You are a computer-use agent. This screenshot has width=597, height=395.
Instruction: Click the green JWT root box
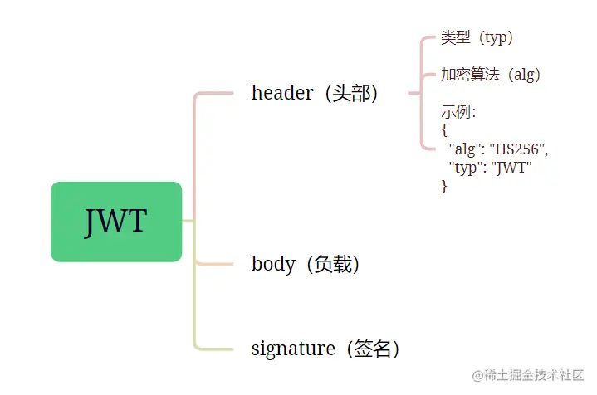pos(116,222)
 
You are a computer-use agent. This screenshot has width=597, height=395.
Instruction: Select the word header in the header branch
pos(281,93)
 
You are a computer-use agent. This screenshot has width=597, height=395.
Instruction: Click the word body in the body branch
pos(273,264)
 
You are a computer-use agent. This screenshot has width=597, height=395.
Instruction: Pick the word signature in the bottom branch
pos(292,349)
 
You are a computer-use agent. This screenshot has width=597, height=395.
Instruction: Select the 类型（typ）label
pos(477,38)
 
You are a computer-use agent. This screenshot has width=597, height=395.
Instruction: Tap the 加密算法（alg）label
pos(491,75)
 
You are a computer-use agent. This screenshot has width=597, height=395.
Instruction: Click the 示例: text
pos(458,112)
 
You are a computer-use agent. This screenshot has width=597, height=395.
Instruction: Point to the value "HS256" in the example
pos(518,149)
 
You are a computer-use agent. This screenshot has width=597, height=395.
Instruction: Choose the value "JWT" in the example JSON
pos(511,168)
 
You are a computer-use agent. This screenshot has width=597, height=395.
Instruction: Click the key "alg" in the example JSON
pos(465,149)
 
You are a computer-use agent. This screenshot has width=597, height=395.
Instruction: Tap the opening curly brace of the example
pos(445,130)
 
